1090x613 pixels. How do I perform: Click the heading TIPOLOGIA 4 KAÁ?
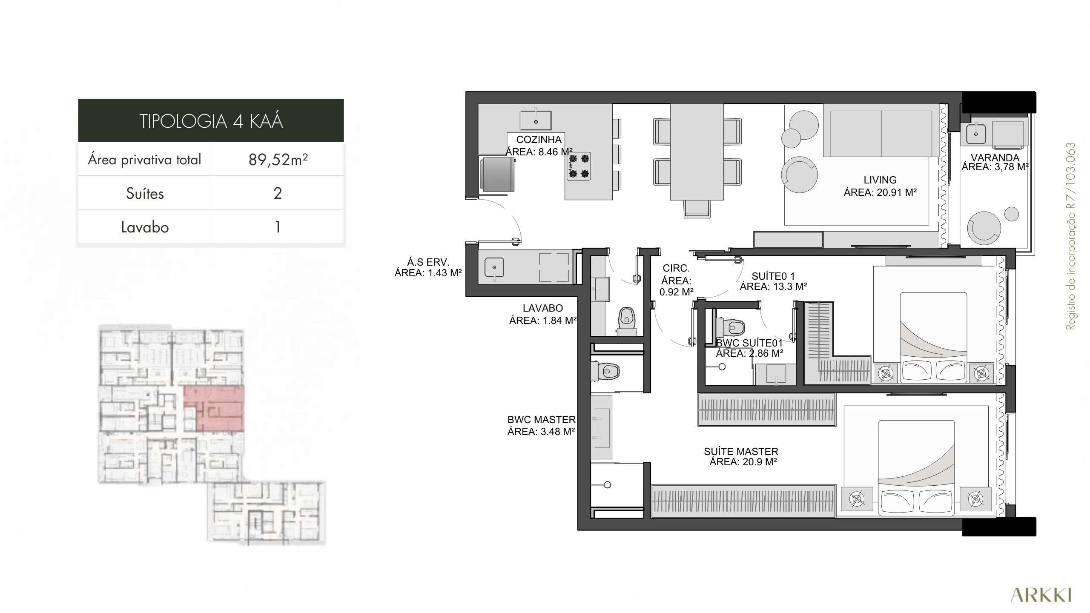[211, 121]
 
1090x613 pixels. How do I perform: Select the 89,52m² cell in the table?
[278, 160]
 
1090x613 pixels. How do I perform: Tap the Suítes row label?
[145, 194]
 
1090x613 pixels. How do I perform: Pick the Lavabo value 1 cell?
[278, 227]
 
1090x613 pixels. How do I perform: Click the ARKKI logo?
[1040, 596]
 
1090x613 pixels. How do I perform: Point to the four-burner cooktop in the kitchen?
[579, 166]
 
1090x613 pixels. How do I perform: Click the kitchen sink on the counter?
[536, 120]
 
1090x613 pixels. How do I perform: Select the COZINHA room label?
[539, 140]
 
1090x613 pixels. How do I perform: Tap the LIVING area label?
[880, 186]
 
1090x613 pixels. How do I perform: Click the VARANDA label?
[995, 158]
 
